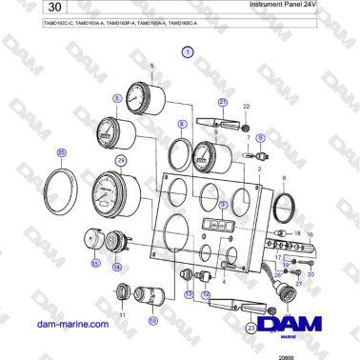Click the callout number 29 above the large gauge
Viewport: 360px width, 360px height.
[121, 161]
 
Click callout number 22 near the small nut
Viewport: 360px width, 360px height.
[246, 108]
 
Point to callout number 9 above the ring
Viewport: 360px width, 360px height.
[283, 178]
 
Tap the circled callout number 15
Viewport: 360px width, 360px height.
[95, 262]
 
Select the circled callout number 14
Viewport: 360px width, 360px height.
[117, 268]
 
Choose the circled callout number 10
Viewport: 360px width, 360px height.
[152, 321]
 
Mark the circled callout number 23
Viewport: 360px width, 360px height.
[251, 328]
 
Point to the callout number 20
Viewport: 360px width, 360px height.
[310, 273]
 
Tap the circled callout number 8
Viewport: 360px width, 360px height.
[181, 124]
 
